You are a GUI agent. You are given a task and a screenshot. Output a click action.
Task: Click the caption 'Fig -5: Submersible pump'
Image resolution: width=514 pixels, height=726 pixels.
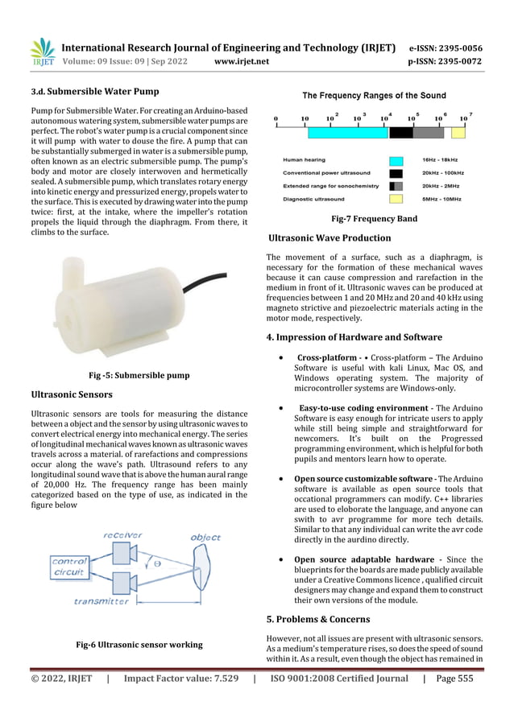(138, 375)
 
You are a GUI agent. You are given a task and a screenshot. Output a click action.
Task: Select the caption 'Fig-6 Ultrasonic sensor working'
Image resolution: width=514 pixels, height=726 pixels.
(139, 645)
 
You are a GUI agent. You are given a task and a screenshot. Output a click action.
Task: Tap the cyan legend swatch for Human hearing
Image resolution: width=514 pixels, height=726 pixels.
(396, 161)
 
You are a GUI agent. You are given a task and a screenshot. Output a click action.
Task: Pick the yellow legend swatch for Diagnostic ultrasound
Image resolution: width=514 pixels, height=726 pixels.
(396, 197)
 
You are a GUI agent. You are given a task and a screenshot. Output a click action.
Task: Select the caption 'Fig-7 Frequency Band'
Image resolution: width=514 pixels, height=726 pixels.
(375, 218)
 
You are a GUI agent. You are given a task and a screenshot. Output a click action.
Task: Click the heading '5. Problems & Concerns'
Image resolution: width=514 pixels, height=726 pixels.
(318, 620)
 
